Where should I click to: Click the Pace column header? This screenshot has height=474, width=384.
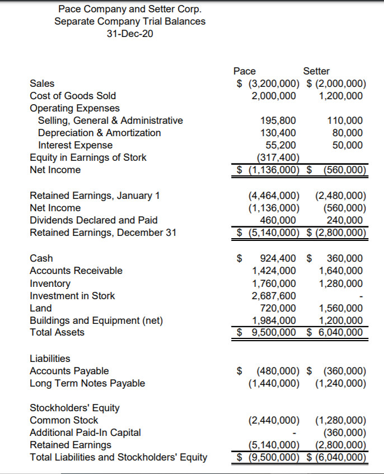[244, 71]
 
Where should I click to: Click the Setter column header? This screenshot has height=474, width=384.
[316, 71]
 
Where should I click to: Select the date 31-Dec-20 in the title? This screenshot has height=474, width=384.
[130, 34]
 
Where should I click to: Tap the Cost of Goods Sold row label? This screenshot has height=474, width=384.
[73, 96]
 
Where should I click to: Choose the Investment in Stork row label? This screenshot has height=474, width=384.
[72, 295]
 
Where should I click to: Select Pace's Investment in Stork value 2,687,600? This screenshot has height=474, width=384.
[274, 295]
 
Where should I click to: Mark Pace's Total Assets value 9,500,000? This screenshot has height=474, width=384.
[274, 332]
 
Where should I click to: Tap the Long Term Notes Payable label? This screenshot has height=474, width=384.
[87, 383]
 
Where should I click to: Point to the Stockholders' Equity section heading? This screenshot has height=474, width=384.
[74, 408]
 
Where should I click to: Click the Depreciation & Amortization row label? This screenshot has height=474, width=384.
[99, 133]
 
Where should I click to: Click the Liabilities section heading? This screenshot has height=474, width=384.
[50, 359]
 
